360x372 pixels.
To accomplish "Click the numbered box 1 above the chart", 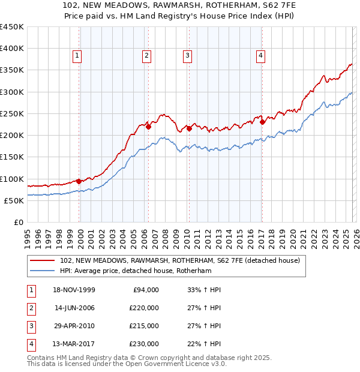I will pyautogui.click(x=78, y=56).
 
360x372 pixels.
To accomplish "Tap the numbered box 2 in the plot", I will pyautogui.click(x=146, y=56).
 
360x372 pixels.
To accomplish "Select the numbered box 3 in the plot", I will pyautogui.click(x=187, y=56).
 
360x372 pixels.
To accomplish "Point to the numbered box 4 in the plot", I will pyautogui.click(x=261, y=56).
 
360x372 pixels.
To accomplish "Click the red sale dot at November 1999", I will pyautogui.click(x=79, y=181).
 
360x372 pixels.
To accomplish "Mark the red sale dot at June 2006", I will pyautogui.click(x=148, y=127).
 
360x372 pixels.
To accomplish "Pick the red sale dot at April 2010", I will pyautogui.click(x=189, y=128).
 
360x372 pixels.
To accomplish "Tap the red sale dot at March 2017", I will pyautogui.click(x=262, y=122).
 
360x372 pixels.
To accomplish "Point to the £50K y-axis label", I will pyautogui.click(x=14, y=200).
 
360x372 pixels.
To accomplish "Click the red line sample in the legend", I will pyautogui.click(x=42, y=260).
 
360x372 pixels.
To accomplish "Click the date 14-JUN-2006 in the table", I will pyautogui.click(x=74, y=308).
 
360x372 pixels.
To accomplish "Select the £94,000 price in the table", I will pyautogui.click(x=144, y=290).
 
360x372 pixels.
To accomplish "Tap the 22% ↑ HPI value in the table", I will pyautogui.click(x=204, y=344).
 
